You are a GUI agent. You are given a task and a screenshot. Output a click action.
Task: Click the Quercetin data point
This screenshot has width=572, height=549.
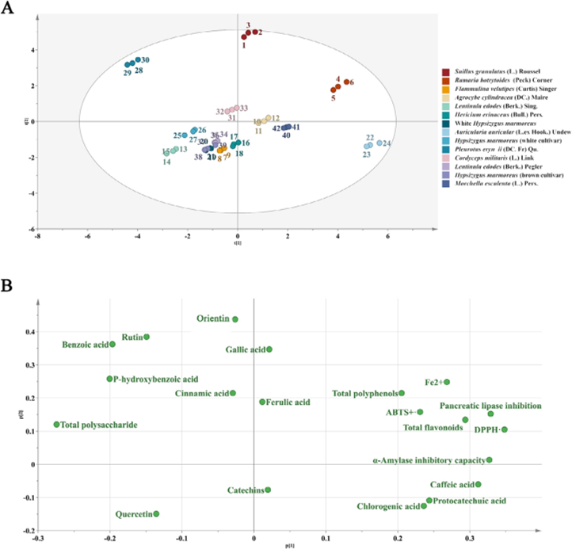tap(156, 513)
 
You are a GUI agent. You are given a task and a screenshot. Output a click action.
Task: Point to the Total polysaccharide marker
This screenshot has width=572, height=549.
tap(57, 425)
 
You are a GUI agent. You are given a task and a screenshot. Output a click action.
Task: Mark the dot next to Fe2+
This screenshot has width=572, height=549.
tap(447, 382)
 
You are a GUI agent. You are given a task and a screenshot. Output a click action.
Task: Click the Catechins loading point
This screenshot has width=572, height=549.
tap(269, 490)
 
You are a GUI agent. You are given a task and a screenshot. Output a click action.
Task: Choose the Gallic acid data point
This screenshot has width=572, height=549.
tap(269, 349)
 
